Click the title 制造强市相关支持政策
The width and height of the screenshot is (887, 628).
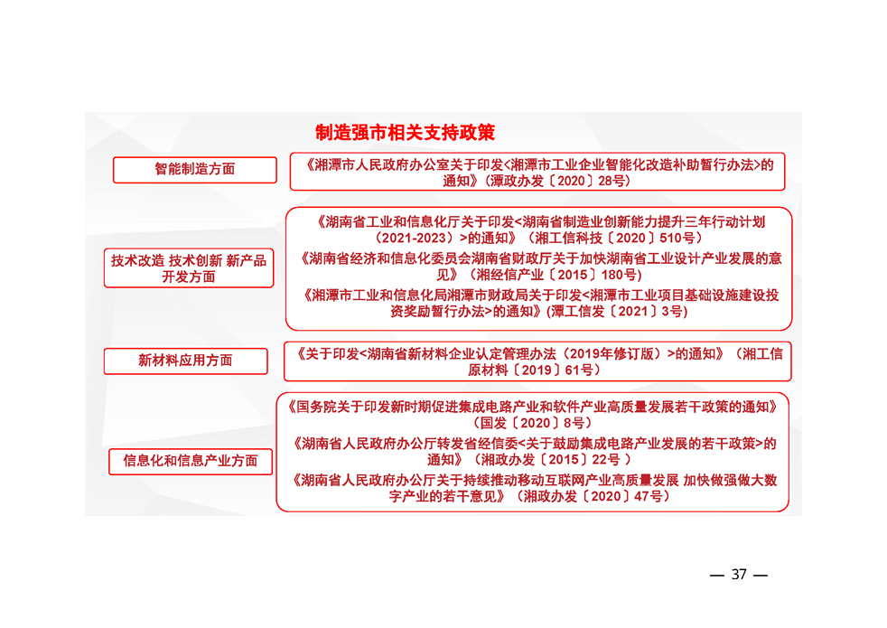(405, 133)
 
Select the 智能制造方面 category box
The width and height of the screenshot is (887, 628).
(194, 169)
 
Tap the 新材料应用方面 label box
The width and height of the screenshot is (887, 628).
(185, 361)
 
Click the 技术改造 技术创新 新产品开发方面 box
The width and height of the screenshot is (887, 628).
(188, 268)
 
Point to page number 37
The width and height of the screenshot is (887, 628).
(739, 575)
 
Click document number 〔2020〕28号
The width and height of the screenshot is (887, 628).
(588, 181)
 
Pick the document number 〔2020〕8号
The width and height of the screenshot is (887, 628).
(546, 422)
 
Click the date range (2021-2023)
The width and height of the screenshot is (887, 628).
(412, 238)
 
